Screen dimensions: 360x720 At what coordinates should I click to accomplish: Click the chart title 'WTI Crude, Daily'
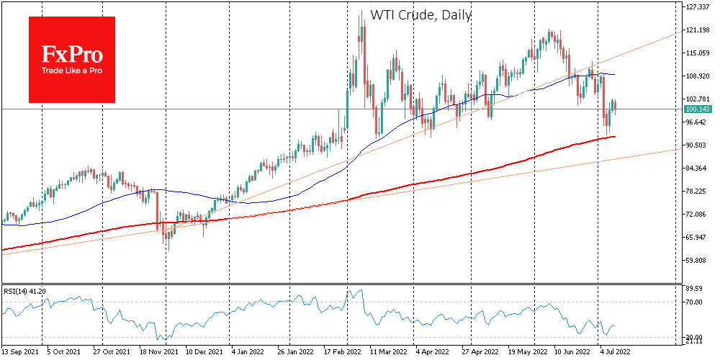tap(421, 14)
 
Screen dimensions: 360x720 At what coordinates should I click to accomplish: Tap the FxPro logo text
tap(72, 54)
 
